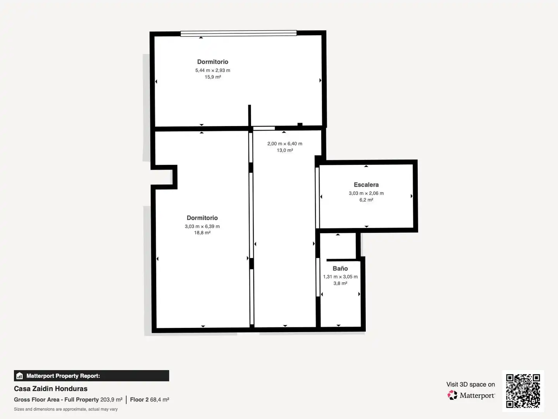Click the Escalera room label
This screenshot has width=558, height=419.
click(x=366, y=185)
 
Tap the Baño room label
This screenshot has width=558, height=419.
click(x=340, y=268)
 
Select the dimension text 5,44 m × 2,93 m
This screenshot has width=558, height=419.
click(x=212, y=70)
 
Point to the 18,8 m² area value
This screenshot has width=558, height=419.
click(x=202, y=233)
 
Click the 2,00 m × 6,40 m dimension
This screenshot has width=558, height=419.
click(x=285, y=144)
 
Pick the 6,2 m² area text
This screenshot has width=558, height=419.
click(x=366, y=200)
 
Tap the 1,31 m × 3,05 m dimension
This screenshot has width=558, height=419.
click(x=340, y=277)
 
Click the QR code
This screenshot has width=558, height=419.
click(x=523, y=391)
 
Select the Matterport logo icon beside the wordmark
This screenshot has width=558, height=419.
click(x=452, y=395)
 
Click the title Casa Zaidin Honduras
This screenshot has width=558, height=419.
click(x=51, y=389)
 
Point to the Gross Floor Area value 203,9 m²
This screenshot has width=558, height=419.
click(x=111, y=400)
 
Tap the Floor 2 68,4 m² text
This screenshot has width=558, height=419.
click(x=150, y=400)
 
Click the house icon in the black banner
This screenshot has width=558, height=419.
click(x=19, y=376)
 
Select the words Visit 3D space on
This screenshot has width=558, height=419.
click(x=470, y=384)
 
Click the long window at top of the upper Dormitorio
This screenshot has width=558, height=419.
click(x=238, y=33)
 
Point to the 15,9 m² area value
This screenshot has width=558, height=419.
click(x=213, y=77)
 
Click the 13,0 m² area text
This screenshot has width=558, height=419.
click(x=285, y=151)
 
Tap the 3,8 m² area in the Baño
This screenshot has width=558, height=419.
click(x=340, y=283)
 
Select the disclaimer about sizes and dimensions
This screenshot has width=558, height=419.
click(x=65, y=409)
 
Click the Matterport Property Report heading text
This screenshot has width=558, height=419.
click(x=63, y=376)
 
